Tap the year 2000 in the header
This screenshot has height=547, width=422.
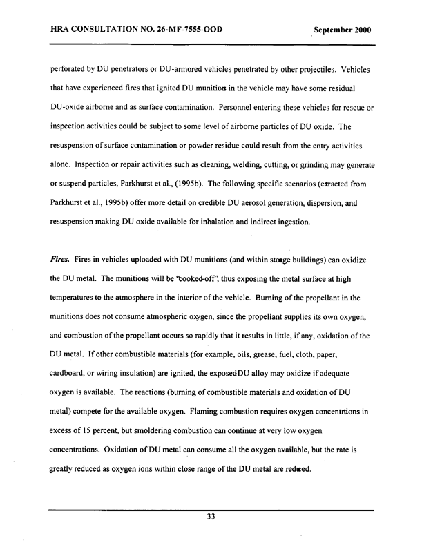click(x=362, y=31)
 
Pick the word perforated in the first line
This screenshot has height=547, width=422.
click(x=67, y=70)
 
